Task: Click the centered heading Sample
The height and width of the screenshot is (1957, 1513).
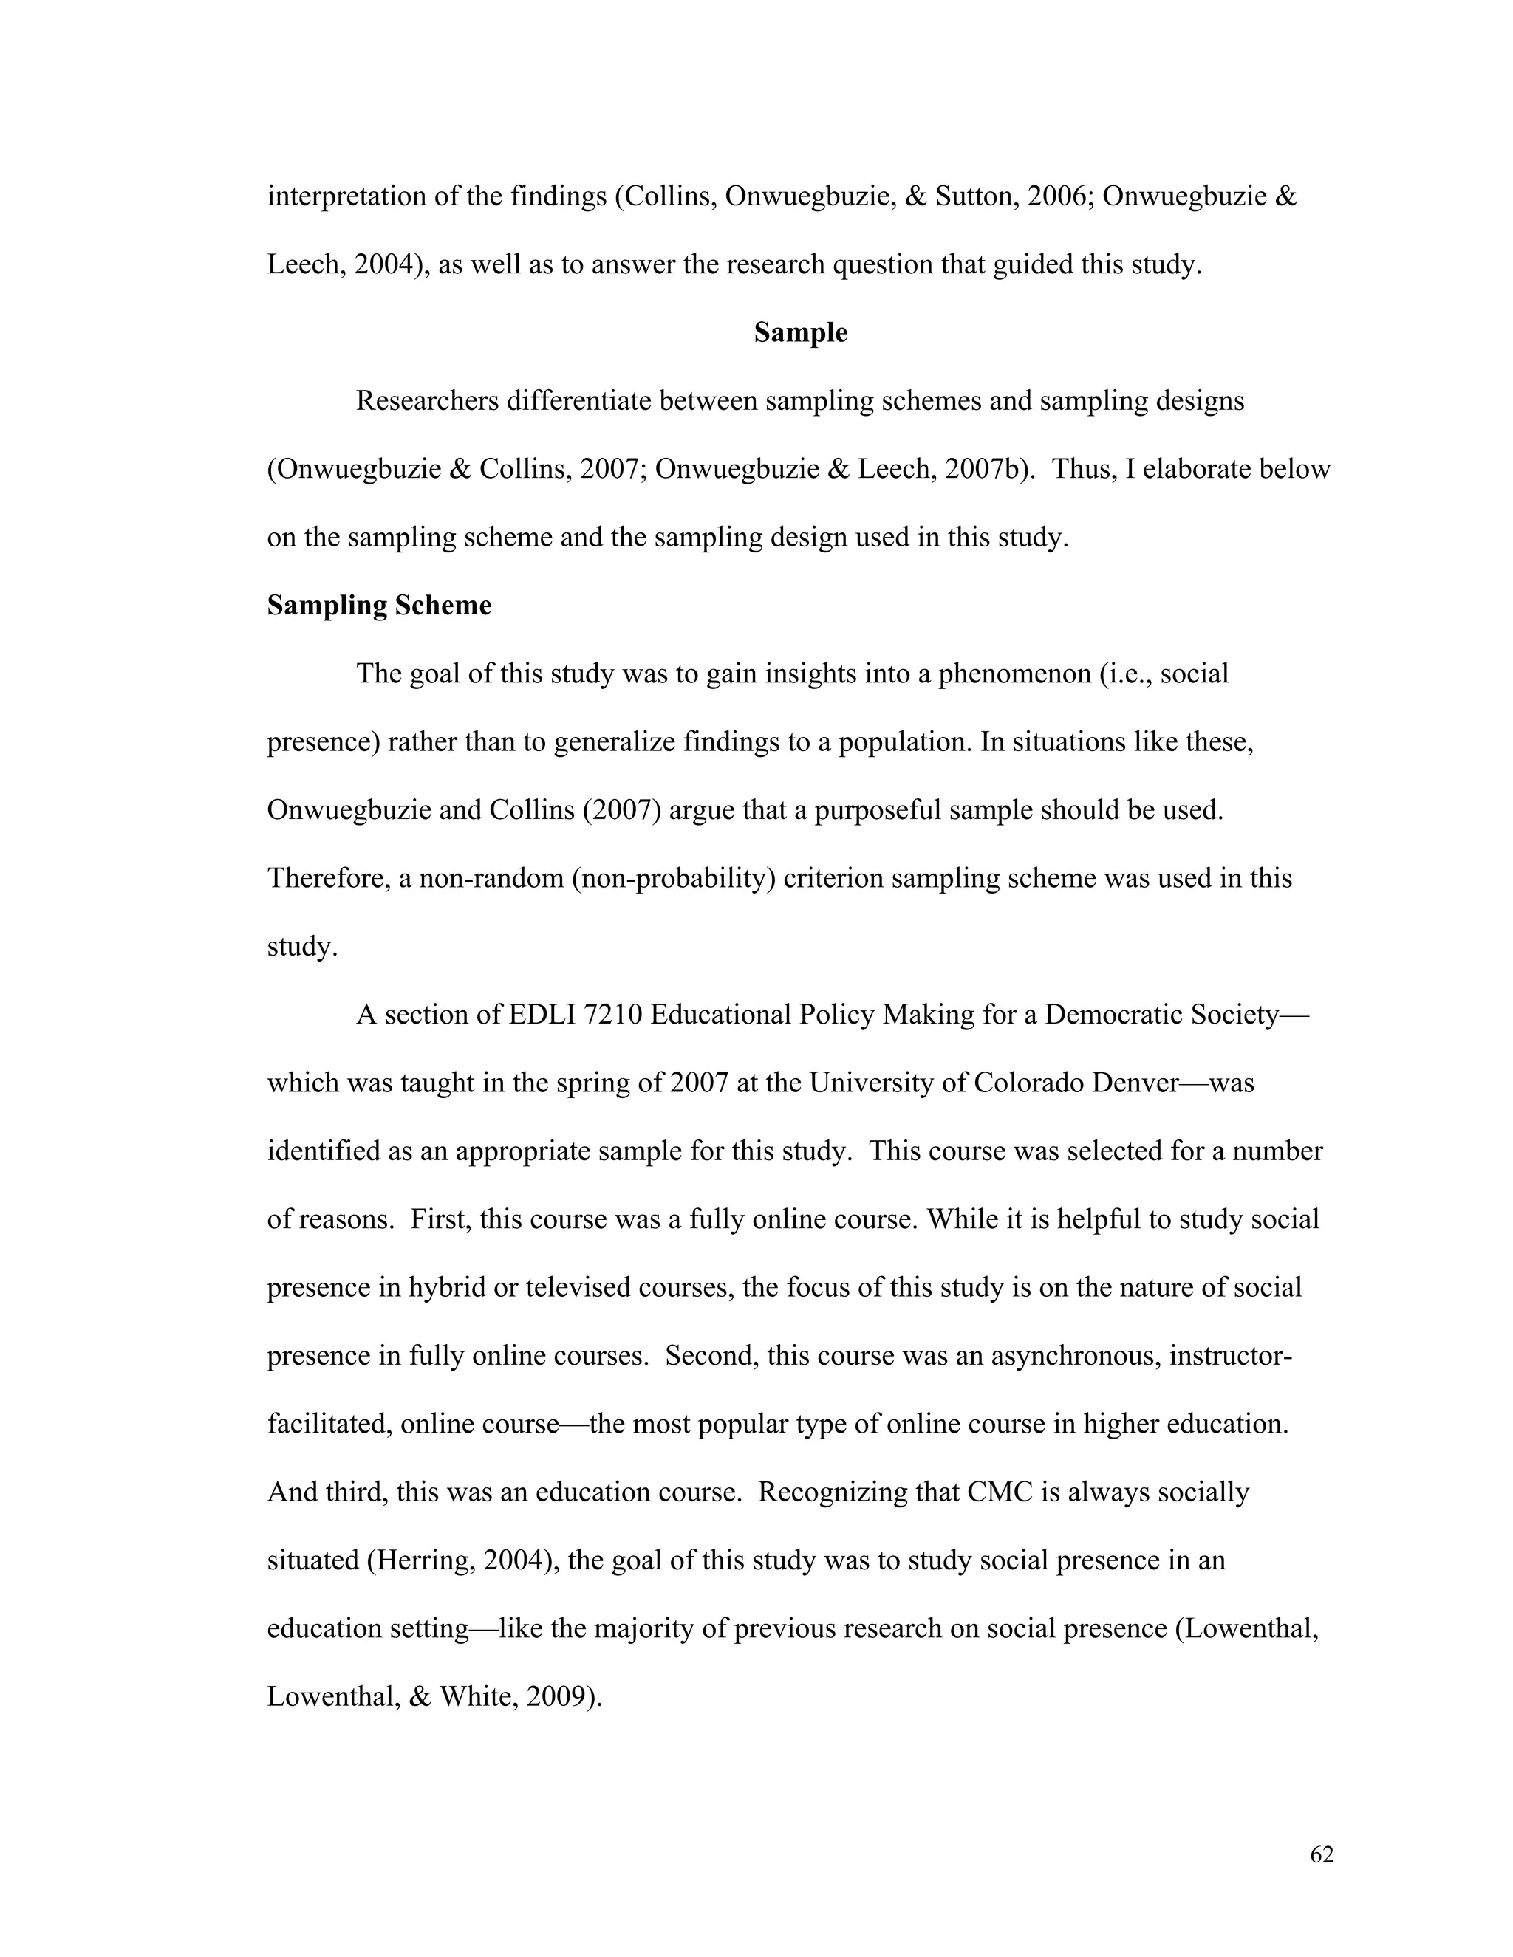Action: point(799,332)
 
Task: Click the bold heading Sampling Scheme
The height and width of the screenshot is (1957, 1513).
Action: point(379,606)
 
